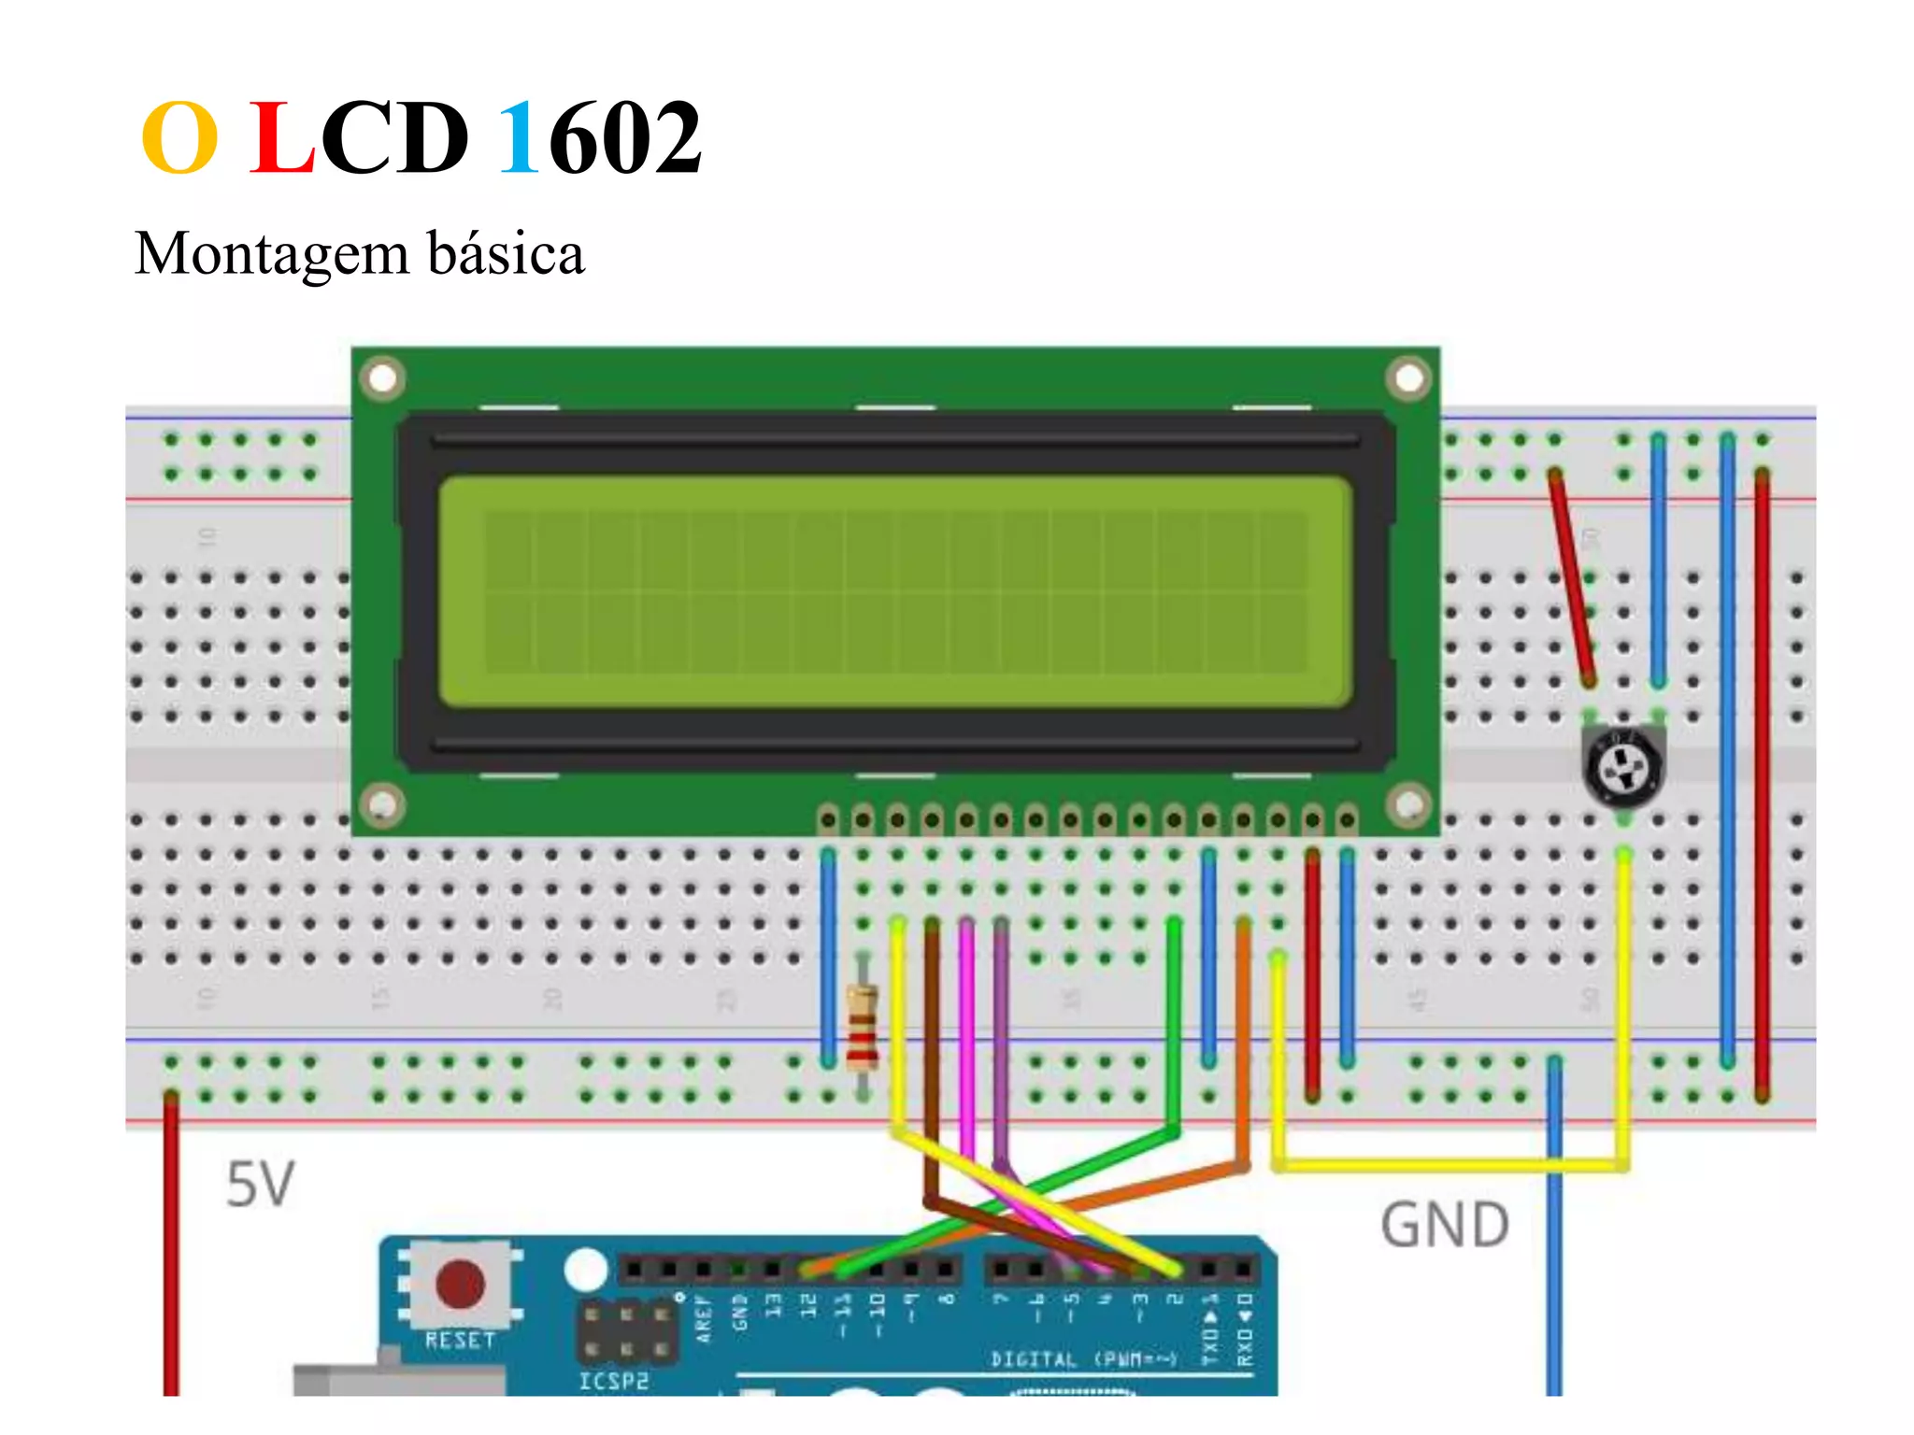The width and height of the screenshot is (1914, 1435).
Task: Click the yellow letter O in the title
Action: [x=180, y=139]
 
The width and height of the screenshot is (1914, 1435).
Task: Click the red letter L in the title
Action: [x=281, y=139]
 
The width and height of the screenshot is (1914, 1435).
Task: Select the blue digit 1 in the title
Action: [x=520, y=139]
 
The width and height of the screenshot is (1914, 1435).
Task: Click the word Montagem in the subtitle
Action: [x=272, y=253]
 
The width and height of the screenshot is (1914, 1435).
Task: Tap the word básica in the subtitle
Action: [x=506, y=253]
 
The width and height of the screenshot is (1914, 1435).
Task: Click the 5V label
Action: [x=261, y=1185]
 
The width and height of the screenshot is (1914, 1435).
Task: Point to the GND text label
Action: [x=1445, y=1225]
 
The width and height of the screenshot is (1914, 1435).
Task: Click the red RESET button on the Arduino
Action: [x=460, y=1283]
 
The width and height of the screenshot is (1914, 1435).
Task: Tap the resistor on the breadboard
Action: [x=862, y=1028]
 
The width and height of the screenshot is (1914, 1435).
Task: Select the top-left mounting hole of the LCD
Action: [x=382, y=378]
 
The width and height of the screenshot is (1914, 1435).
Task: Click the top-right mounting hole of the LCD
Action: [x=1408, y=378]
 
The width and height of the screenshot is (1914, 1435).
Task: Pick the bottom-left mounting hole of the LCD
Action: [x=382, y=804]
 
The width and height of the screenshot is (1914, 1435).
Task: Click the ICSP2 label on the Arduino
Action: [x=613, y=1381]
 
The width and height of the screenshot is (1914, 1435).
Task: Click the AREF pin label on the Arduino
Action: [x=704, y=1317]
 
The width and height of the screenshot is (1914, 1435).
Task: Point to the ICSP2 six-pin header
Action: [x=626, y=1331]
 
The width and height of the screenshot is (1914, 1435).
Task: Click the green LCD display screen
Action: [x=895, y=591]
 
